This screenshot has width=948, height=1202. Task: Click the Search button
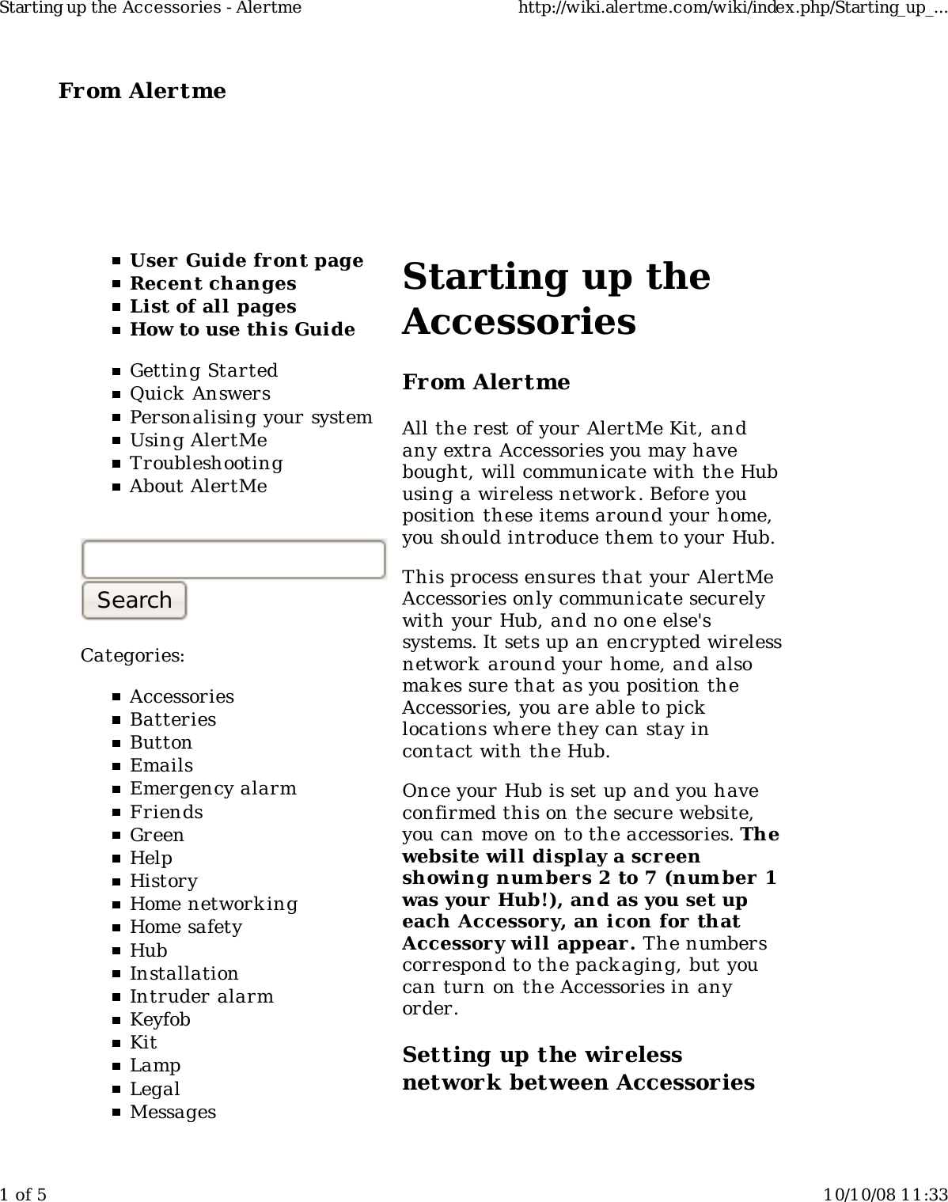pyautogui.click(x=134, y=600)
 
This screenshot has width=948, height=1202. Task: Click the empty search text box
pyautogui.click(x=233, y=559)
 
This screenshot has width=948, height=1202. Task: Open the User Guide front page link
pyautogui.click(x=246, y=260)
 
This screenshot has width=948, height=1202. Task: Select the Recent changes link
pyautogui.click(x=213, y=283)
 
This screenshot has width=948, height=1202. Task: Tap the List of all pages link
pyautogui.click(x=213, y=306)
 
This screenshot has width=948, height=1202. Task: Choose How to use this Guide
pyautogui.click(x=242, y=329)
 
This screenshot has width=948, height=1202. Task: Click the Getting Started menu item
pyautogui.click(x=203, y=370)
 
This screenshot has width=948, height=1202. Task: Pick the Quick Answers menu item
pyautogui.click(x=199, y=393)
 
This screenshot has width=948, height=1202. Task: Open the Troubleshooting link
pyautogui.click(x=206, y=463)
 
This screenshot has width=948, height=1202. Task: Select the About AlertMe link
pyautogui.click(x=198, y=486)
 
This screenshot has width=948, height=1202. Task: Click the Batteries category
pyautogui.click(x=173, y=719)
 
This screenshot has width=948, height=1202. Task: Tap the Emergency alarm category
pyautogui.click(x=213, y=788)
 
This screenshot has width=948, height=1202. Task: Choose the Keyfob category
pyautogui.click(x=160, y=1019)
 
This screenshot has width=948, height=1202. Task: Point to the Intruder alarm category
pyautogui.click(x=201, y=996)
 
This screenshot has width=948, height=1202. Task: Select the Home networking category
pyautogui.click(x=214, y=904)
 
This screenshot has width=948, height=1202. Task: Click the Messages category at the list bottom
pyautogui.click(x=173, y=1112)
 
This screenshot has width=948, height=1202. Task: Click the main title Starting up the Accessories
pyautogui.click(x=556, y=298)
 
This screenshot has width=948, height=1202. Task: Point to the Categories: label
pyautogui.click(x=133, y=655)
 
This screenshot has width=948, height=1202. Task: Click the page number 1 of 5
pyautogui.click(x=24, y=1193)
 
